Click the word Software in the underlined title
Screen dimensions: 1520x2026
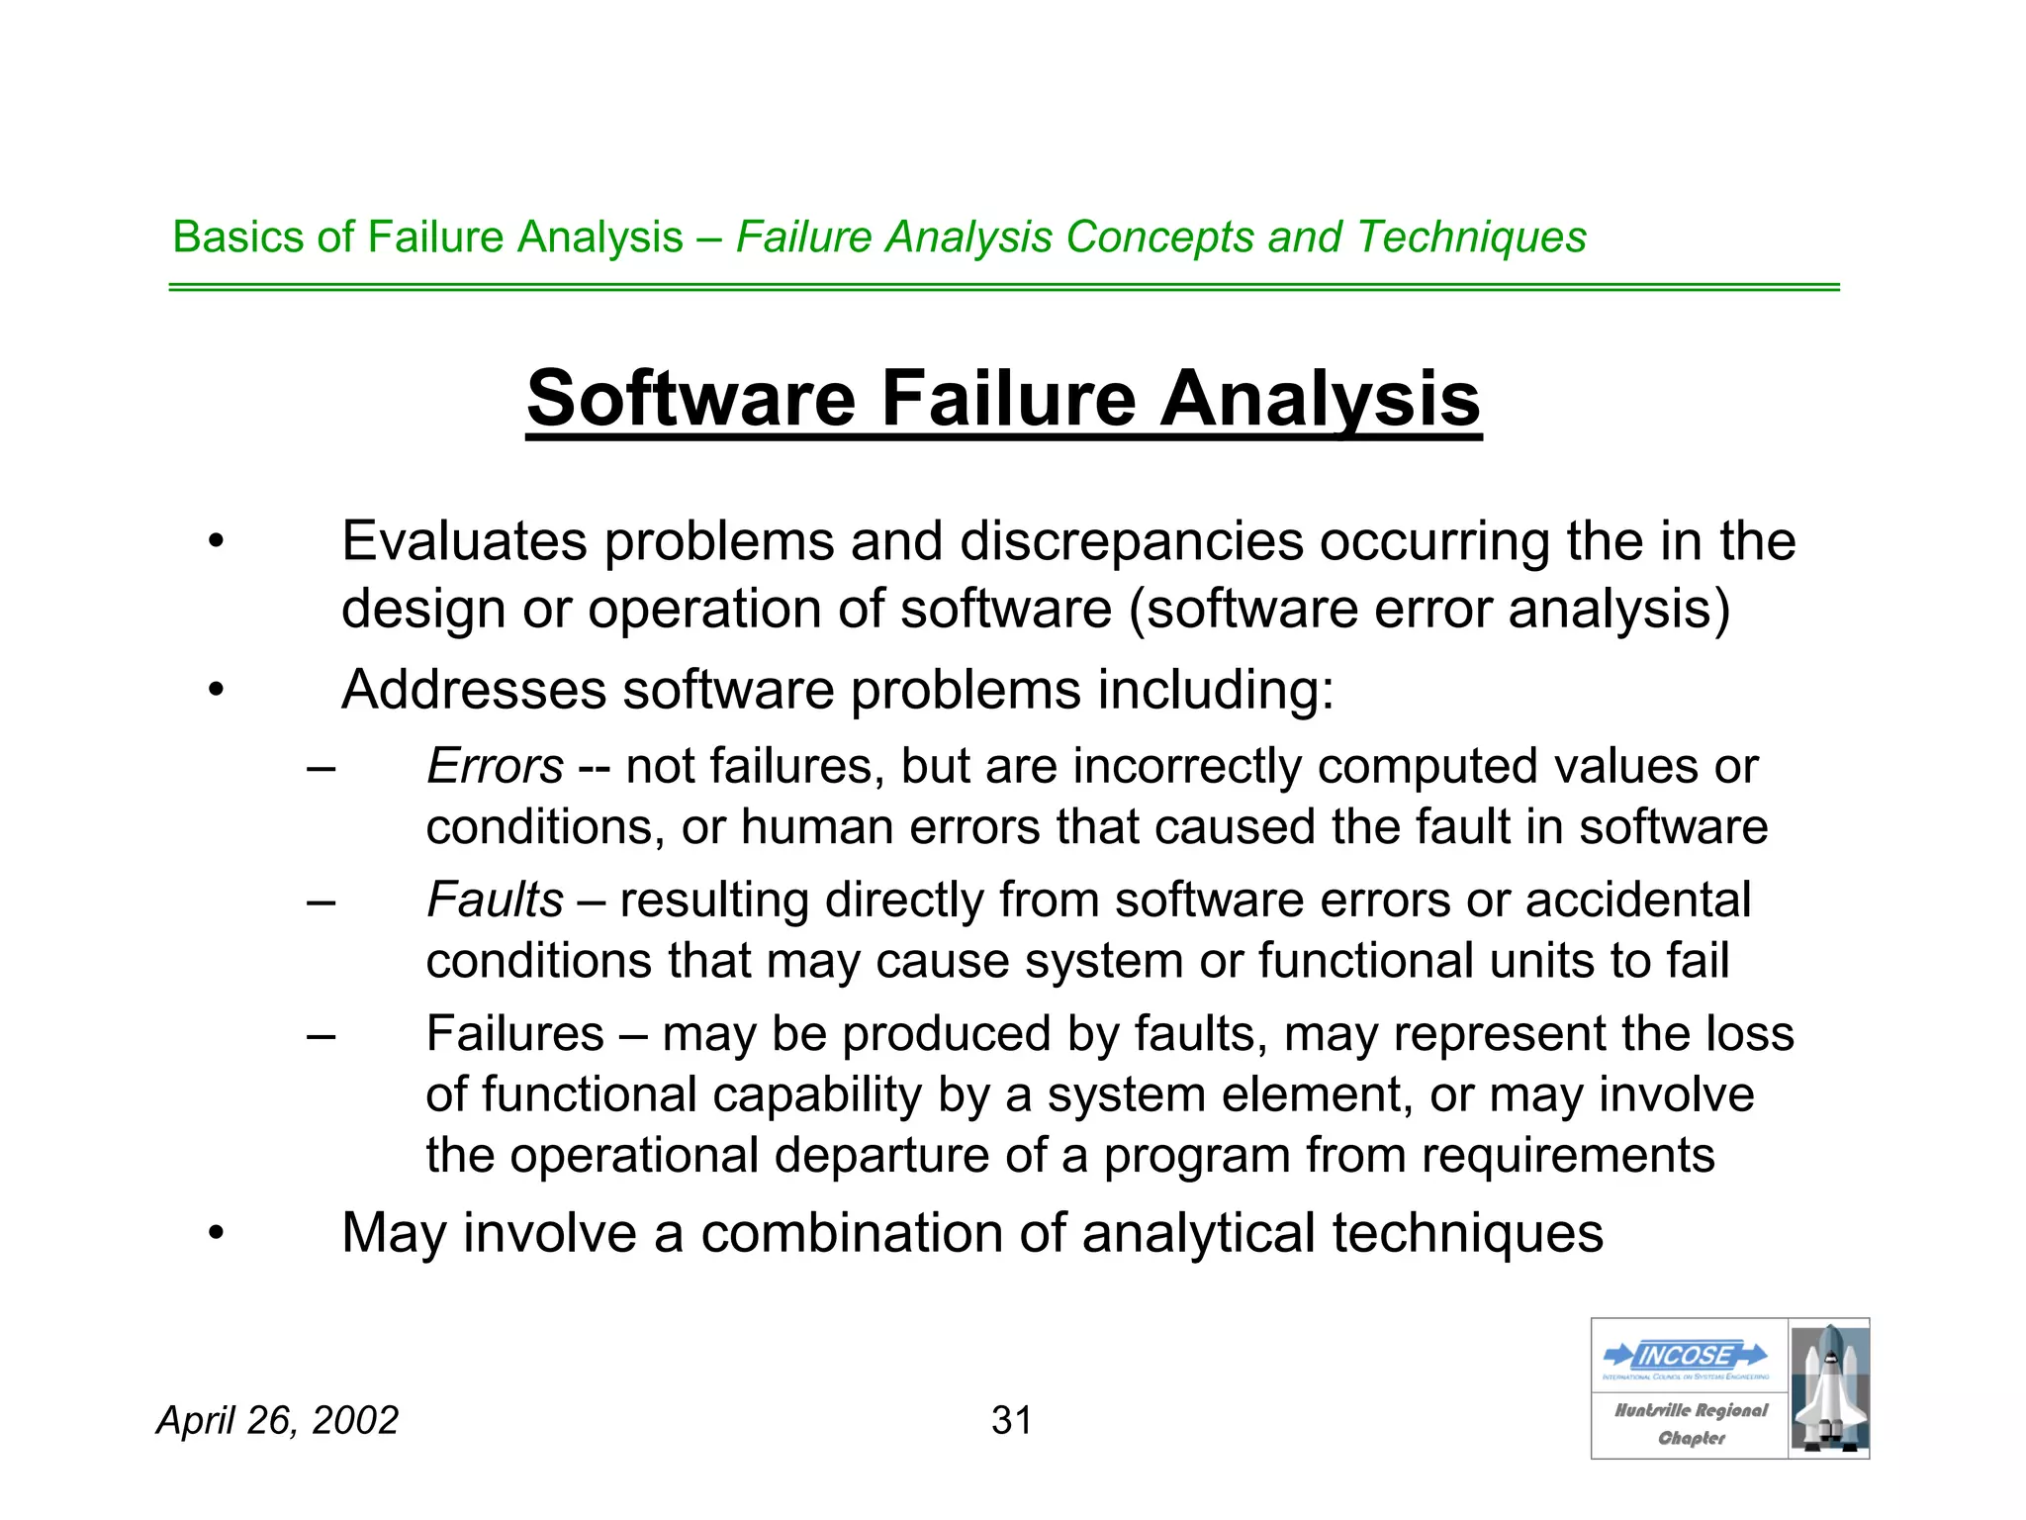click(691, 398)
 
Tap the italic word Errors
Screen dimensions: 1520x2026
click(495, 766)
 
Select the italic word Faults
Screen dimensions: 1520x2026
click(495, 900)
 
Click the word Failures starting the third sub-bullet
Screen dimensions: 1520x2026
click(514, 1034)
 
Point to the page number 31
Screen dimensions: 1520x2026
click(1011, 1420)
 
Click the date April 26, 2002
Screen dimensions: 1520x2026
click(278, 1420)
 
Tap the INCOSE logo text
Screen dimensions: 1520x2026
click(1686, 1355)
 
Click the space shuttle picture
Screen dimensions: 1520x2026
click(1829, 1387)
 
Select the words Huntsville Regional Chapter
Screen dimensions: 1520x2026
click(1691, 1424)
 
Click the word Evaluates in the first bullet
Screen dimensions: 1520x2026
click(464, 541)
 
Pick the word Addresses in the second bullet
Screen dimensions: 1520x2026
click(473, 690)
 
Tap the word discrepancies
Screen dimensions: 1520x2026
click(1131, 541)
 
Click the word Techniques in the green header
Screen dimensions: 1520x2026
click(1471, 237)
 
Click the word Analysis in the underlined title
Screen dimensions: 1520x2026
click(1320, 398)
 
